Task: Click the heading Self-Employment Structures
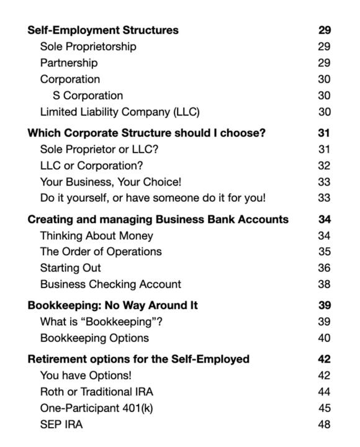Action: pyautogui.click(x=103, y=30)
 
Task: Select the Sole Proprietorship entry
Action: pyautogui.click(x=88, y=47)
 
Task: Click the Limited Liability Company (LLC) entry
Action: pyautogui.click(x=120, y=112)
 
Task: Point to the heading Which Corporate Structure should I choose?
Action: pyautogui.click(x=146, y=133)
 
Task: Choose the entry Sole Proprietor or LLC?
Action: pyautogui.click(x=99, y=150)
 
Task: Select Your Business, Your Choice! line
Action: pyautogui.click(x=110, y=182)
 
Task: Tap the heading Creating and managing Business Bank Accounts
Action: pyautogui.click(x=158, y=219)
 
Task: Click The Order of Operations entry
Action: pyautogui.click(x=101, y=251)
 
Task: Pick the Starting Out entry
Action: pyautogui.click(x=70, y=268)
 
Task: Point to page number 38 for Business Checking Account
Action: pyautogui.click(x=324, y=284)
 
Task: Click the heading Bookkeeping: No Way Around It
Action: pyautogui.click(x=112, y=305)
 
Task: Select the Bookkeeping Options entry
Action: pyautogui.click(x=94, y=338)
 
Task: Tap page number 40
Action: pyautogui.click(x=324, y=338)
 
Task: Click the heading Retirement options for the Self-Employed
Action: pyautogui.click(x=138, y=359)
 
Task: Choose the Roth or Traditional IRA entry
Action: pyautogui.click(x=96, y=392)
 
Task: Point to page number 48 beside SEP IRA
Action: pyautogui.click(x=324, y=425)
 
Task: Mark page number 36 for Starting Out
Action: pyautogui.click(x=324, y=268)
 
